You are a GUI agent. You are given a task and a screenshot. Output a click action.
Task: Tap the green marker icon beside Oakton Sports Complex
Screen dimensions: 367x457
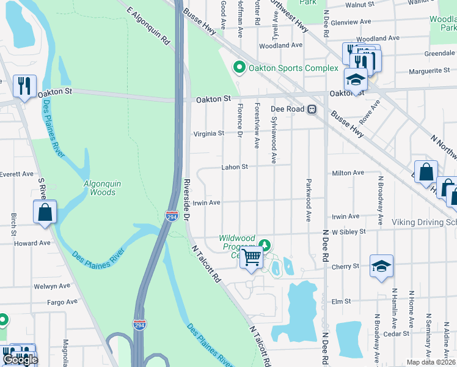click(x=239, y=67)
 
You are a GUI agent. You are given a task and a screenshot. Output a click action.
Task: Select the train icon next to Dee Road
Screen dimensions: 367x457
click(x=312, y=109)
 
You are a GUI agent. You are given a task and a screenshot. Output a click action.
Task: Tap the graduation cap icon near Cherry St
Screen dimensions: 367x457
click(x=381, y=267)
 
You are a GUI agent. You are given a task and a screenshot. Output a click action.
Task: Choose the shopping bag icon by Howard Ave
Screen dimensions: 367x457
click(x=45, y=213)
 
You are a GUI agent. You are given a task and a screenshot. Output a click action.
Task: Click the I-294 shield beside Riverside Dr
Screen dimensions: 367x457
click(x=172, y=216)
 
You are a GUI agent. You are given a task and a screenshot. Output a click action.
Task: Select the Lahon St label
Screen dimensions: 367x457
click(x=235, y=167)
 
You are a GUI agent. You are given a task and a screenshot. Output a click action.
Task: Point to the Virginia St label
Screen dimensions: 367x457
click(x=209, y=133)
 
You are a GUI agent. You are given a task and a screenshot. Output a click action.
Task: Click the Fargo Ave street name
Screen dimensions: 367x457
click(x=63, y=302)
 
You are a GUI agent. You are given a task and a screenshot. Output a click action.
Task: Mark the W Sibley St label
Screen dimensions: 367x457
click(x=348, y=232)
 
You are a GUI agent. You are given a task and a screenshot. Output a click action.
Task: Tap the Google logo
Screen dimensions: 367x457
click(x=20, y=360)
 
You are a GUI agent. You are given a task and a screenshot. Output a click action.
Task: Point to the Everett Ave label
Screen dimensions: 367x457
click(x=17, y=174)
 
